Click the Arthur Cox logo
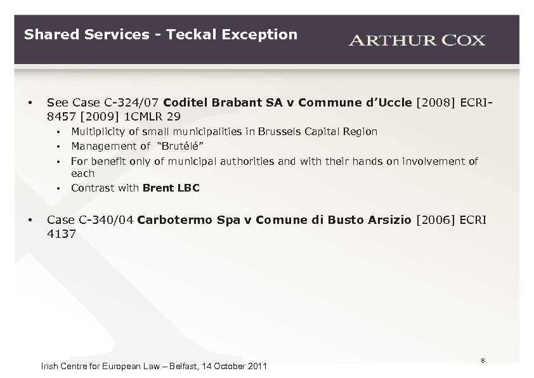(x=417, y=41)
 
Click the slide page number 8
(x=483, y=360)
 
